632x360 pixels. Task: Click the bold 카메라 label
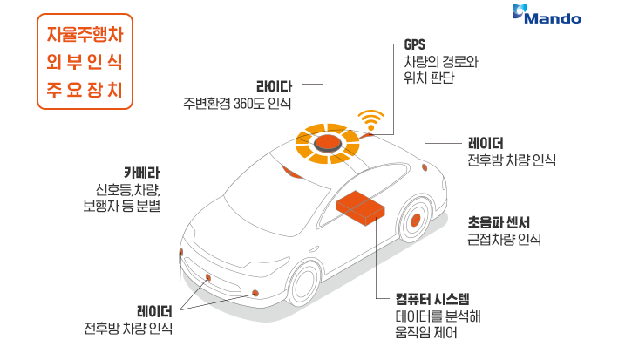pos(139,172)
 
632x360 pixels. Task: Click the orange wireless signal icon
pos(371,119)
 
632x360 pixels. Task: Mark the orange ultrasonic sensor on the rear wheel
pos(417,221)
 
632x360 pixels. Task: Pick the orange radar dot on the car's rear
pos(425,166)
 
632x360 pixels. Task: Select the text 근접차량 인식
pos(504,239)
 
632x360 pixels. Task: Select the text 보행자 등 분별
pos(121,206)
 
